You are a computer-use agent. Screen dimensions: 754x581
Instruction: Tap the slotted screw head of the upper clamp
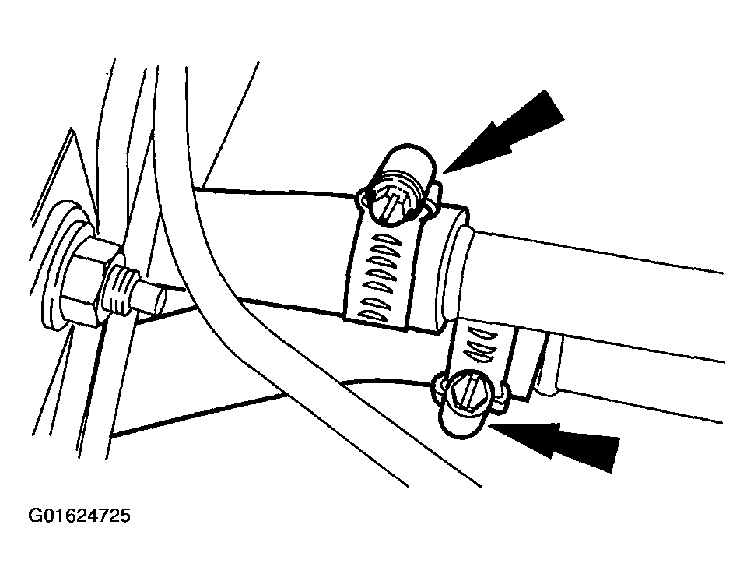coord(391,202)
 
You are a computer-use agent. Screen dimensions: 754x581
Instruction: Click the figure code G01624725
coord(79,516)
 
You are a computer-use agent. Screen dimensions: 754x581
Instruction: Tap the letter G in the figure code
coord(34,516)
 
